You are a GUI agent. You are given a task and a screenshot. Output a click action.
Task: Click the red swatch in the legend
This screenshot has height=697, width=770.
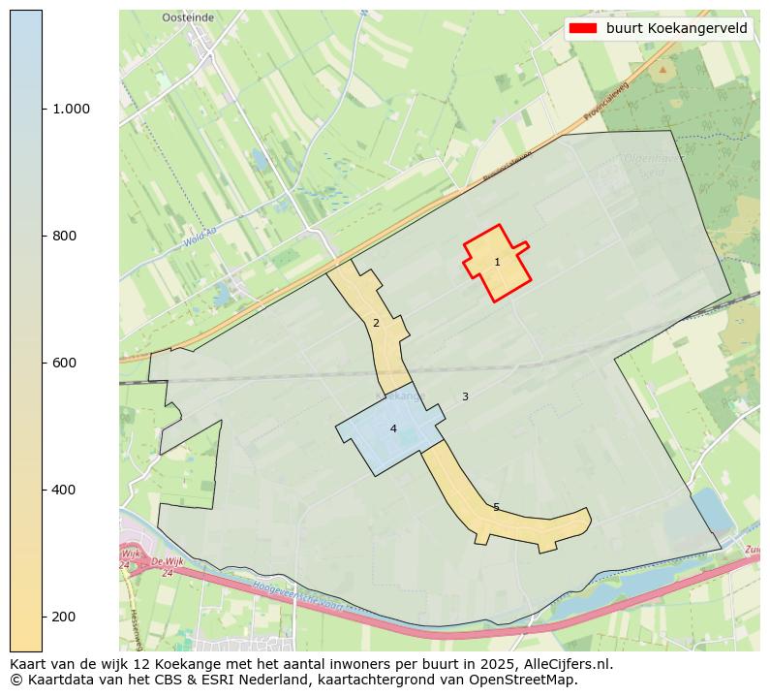[582, 28]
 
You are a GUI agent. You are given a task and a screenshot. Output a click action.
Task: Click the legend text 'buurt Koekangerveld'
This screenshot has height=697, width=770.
[676, 28]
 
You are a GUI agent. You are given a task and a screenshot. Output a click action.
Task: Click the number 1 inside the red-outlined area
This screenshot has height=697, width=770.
[497, 262]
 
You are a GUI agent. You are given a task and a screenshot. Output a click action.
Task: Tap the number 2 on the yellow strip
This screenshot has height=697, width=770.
[376, 323]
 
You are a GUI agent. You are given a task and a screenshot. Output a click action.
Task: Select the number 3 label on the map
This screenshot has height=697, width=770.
[465, 396]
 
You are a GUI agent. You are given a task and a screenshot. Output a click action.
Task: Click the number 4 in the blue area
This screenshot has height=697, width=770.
[393, 428]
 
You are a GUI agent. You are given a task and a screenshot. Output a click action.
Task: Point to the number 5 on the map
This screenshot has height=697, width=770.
[496, 507]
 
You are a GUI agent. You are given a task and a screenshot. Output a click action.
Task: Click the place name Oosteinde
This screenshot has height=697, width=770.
[187, 17]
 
